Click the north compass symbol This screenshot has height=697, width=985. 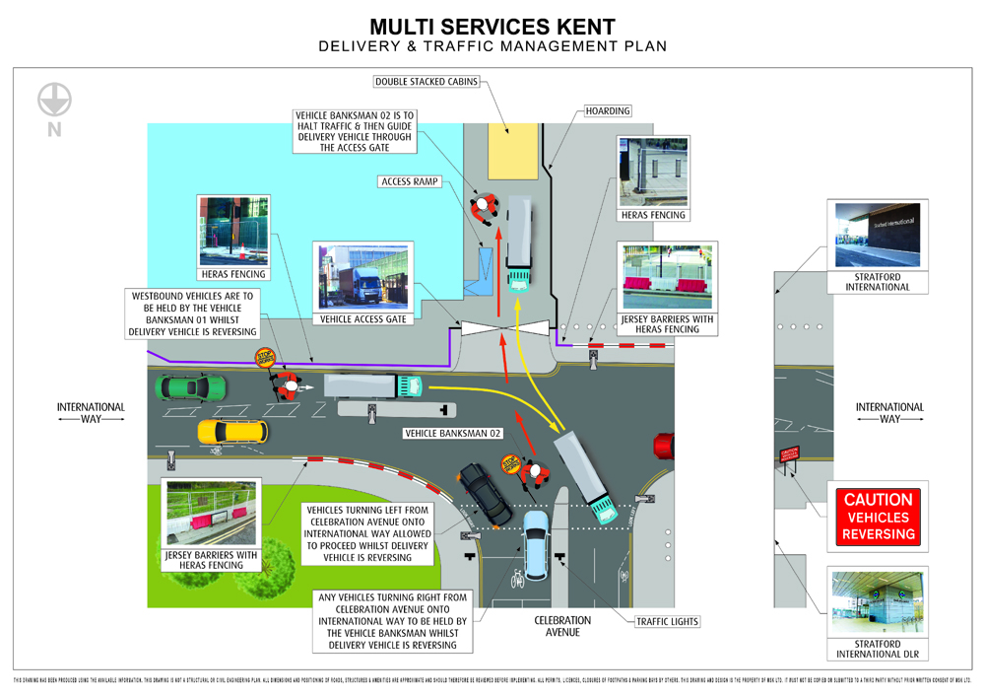54,100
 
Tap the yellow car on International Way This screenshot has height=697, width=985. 231,431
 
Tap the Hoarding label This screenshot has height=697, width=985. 608,110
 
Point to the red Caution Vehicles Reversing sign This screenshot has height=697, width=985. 878,518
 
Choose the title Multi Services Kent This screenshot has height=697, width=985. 492,26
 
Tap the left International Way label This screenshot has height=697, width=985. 91,412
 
